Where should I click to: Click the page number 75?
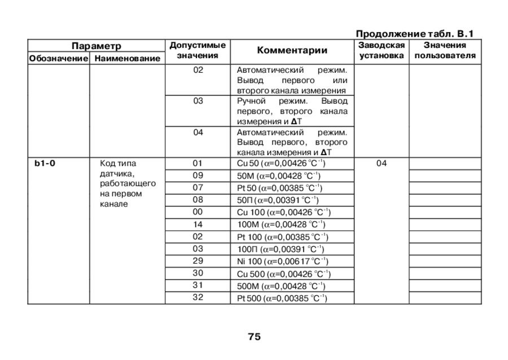click(254, 337)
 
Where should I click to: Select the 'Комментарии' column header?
click(292, 51)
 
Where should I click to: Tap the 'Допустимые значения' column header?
click(198, 50)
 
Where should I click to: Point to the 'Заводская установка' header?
click(382, 50)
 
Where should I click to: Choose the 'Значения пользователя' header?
click(445, 50)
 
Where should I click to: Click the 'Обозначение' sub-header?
click(59, 58)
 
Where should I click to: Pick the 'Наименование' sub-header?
click(128, 58)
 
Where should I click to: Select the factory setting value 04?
click(382, 164)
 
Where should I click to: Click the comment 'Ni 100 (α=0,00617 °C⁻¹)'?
click(282, 261)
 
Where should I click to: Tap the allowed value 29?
click(198, 261)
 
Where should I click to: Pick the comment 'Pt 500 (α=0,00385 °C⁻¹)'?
click(282, 298)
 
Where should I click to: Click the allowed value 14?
click(198, 224)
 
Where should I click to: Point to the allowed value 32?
click(198, 297)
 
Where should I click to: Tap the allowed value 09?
click(198, 175)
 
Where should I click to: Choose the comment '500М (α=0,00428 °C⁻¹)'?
click(282, 286)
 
